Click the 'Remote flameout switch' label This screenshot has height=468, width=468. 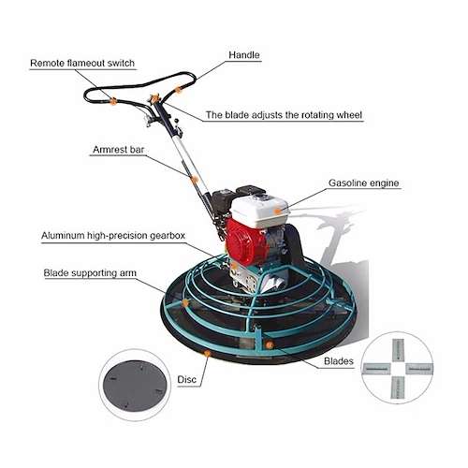82,63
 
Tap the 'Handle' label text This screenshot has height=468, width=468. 244,55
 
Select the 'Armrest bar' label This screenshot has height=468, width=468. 119,150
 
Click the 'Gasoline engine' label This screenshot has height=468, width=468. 364,183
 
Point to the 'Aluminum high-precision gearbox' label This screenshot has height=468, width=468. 113,235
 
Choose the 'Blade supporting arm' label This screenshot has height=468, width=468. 90,273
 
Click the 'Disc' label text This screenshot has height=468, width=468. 186,379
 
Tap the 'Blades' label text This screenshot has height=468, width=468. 339,361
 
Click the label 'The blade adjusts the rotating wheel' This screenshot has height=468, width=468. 284,115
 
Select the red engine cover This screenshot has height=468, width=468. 246,241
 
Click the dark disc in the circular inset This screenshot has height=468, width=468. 135,386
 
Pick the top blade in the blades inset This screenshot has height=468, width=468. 398,350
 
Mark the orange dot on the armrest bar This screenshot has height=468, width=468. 194,179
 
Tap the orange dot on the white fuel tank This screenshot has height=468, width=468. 277,212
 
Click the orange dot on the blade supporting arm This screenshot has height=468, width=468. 185,302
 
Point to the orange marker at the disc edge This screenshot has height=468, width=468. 207,353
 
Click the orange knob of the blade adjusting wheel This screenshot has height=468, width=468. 154,98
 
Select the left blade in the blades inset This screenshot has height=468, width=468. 376,369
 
